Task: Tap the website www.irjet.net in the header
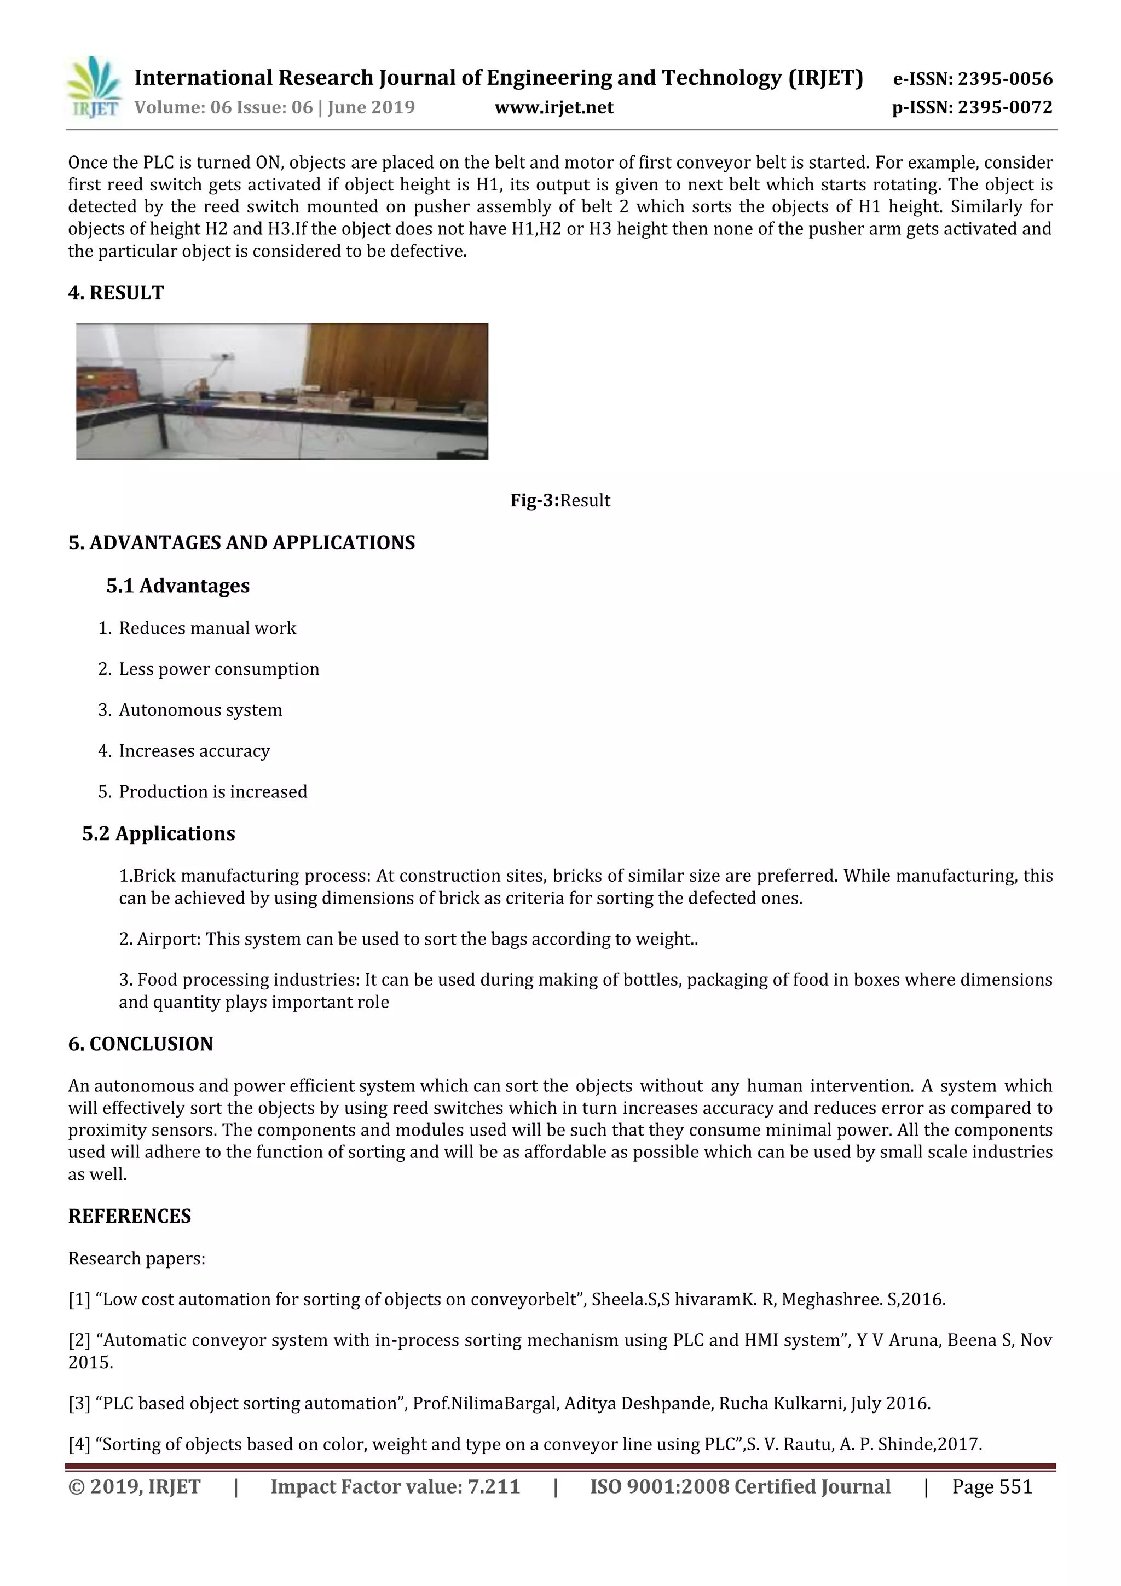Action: click(554, 107)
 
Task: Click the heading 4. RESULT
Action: click(116, 293)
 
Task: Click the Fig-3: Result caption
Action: click(560, 500)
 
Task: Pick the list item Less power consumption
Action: click(219, 669)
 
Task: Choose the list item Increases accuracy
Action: click(194, 750)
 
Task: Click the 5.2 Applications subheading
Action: click(158, 833)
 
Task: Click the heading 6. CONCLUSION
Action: click(140, 1044)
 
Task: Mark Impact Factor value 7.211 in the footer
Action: click(395, 1486)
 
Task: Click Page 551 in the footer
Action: click(992, 1486)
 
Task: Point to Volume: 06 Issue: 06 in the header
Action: click(223, 107)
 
